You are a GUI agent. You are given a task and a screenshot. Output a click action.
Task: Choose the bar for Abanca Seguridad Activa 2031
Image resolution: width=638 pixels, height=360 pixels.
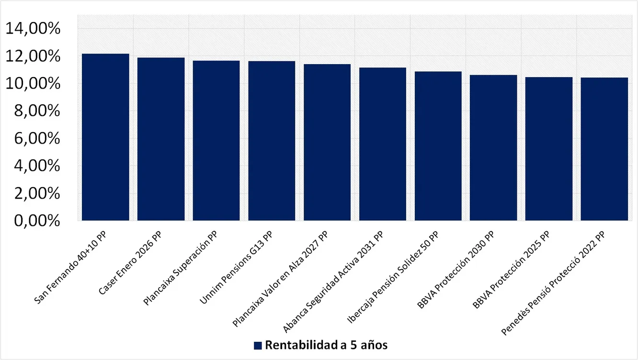[x=383, y=144]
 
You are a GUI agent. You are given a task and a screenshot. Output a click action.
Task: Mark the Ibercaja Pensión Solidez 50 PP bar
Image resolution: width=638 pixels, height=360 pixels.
[x=438, y=146]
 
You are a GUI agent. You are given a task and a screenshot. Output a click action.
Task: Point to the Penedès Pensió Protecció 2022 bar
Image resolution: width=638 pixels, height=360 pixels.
[x=604, y=149]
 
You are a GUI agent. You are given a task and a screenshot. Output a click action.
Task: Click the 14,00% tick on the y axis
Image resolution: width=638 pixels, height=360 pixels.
[x=33, y=29]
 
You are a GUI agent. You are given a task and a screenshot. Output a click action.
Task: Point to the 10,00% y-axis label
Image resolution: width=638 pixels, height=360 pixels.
[x=33, y=84]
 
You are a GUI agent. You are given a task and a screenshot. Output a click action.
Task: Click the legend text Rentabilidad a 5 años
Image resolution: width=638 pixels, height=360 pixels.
[x=326, y=345]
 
